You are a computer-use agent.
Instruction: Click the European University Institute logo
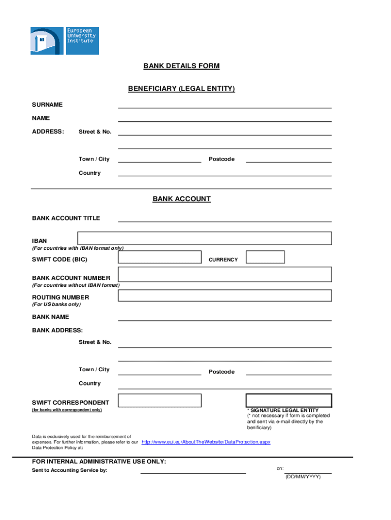(x=64, y=41)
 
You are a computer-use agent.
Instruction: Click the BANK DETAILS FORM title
(x=181, y=66)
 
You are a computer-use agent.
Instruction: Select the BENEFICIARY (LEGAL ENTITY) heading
(x=181, y=89)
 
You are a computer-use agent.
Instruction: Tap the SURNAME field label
(x=47, y=105)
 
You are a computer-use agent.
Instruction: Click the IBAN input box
(x=205, y=238)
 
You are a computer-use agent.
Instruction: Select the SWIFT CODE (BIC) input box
(x=159, y=257)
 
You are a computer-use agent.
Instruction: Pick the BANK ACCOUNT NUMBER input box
(x=224, y=275)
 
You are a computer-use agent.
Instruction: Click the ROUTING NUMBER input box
(x=224, y=296)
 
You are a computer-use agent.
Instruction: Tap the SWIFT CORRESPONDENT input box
(x=159, y=400)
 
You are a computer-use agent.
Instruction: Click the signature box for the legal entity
(x=288, y=400)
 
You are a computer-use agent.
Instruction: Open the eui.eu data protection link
(x=206, y=442)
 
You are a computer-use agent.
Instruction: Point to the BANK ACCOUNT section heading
(x=181, y=199)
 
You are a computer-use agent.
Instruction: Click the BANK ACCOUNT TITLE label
(x=66, y=218)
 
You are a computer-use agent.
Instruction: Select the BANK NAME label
(x=50, y=317)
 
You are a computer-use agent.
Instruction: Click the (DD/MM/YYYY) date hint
(x=303, y=477)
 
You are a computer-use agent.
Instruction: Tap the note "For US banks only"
(x=56, y=305)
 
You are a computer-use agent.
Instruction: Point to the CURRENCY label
(x=223, y=260)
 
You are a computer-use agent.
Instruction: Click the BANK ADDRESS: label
(x=57, y=331)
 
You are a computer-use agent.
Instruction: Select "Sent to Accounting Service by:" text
(x=70, y=470)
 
